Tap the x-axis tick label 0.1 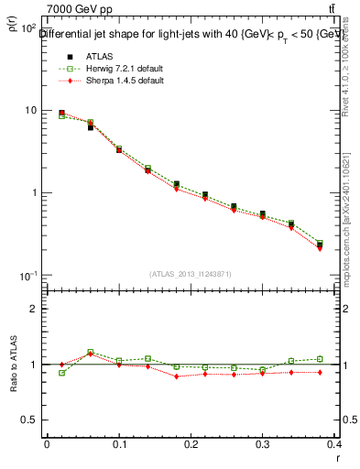[118, 445]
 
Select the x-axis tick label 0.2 [191, 445]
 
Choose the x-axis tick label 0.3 [263, 445]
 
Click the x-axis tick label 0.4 [334, 445]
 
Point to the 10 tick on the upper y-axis [31, 111]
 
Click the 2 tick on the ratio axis [36, 309]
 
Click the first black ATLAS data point [61, 113]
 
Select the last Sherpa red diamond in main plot [320, 248]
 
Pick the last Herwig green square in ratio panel [320, 359]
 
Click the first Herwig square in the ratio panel [61, 373]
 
